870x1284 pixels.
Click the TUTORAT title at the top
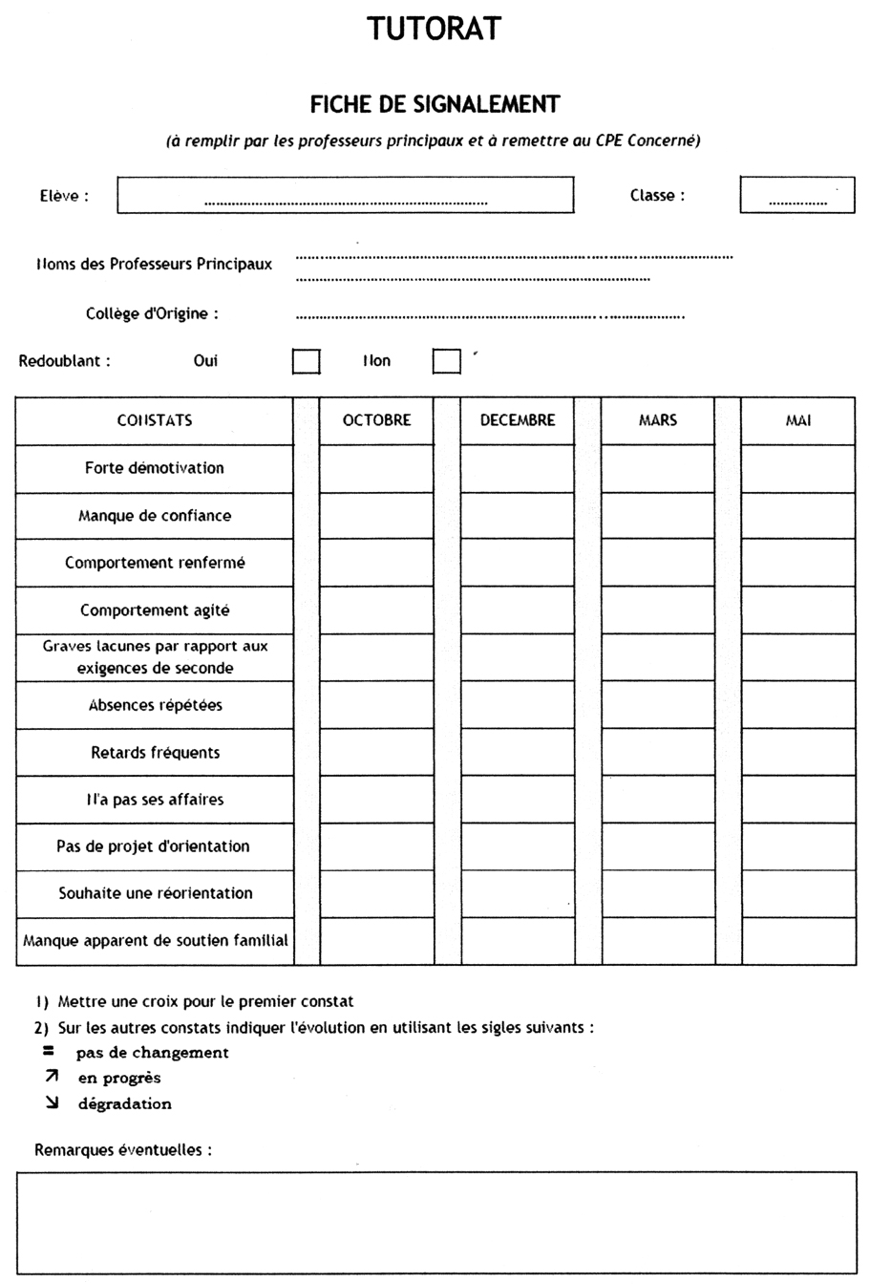pyautogui.click(x=435, y=29)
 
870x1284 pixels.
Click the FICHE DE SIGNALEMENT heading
pyautogui.click(x=435, y=103)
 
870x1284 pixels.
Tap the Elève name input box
pyautogui.click(x=345, y=195)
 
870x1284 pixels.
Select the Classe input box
pyautogui.click(x=797, y=195)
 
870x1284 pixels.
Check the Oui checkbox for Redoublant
pyautogui.click(x=306, y=361)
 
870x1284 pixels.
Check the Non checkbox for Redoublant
pyautogui.click(x=447, y=361)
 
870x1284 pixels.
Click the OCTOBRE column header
pyautogui.click(x=376, y=420)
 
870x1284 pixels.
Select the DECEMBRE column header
pyautogui.click(x=518, y=420)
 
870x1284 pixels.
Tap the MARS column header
pyautogui.click(x=658, y=420)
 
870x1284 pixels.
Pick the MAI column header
pyautogui.click(x=798, y=420)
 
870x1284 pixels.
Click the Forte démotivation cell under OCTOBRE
pyautogui.click(x=376, y=468)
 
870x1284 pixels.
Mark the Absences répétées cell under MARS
pyautogui.click(x=658, y=705)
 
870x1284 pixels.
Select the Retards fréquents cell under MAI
pyautogui.click(x=798, y=752)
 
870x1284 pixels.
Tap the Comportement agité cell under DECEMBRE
pyautogui.click(x=518, y=610)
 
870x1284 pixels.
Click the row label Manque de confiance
pyautogui.click(x=155, y=516)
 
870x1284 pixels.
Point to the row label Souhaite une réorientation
pyautogui.click(x=156, y=893)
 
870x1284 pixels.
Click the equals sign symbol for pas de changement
pyautogui.click(x=49, y=1051)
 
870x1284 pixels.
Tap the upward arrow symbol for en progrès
pyautogui.click(x=52, y=1077)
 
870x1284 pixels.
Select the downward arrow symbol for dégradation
pyautogui.click(x=52, y=1102)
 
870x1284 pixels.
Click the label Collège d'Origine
pyautogui.click(x=152, y=313)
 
